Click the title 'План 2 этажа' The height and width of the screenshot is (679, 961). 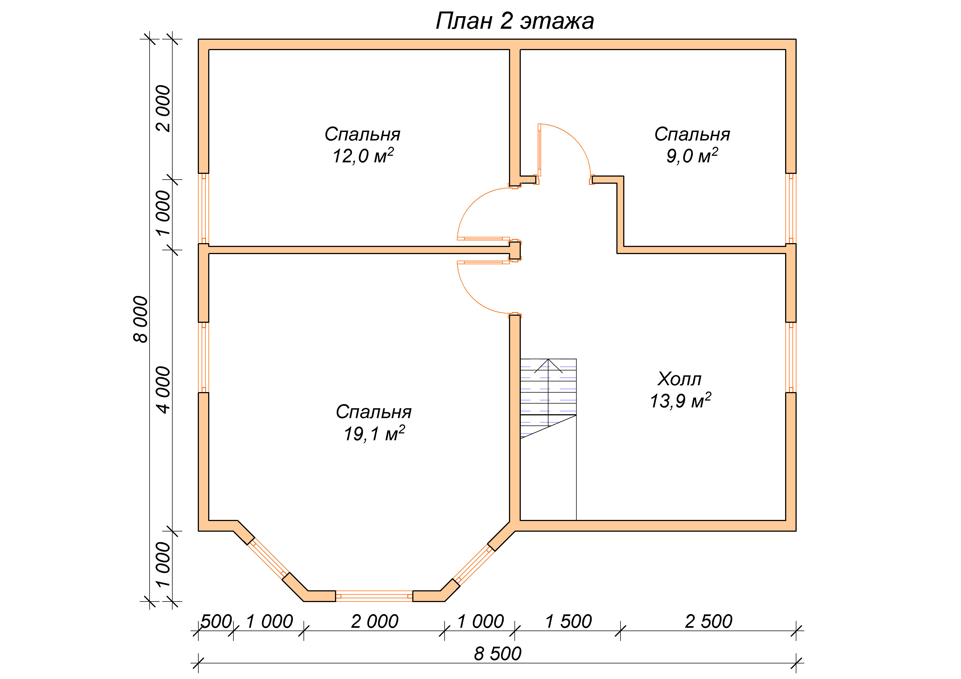pos(514,21)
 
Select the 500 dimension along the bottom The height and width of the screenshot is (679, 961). pos(216,621)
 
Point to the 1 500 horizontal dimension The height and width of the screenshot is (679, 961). pos(568,621)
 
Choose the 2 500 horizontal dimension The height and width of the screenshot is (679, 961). pos(709,621)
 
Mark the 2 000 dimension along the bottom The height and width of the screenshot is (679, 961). pos(374,621)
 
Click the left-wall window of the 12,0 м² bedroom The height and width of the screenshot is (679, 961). pos(204,208)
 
